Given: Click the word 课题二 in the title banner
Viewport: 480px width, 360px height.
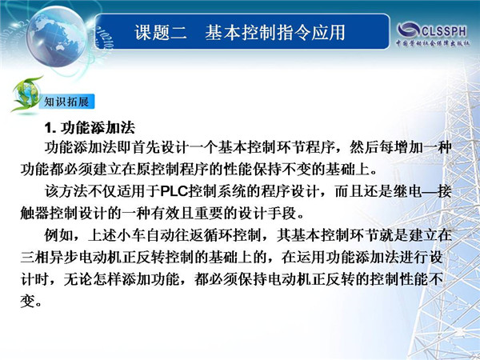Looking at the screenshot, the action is point(161,33).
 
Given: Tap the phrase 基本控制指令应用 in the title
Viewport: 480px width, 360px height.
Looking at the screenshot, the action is point(275,33).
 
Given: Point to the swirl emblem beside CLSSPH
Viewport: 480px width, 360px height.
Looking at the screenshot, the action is point(408,30).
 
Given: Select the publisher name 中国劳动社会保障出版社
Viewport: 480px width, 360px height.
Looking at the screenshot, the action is point(433,43).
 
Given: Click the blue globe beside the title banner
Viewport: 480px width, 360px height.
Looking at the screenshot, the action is point(56,37).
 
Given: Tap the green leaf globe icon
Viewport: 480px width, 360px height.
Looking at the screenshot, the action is point(26,94).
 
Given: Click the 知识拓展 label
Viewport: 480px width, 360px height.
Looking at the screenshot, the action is point(66,102).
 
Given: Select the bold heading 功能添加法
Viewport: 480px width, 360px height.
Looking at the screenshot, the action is point(98,128).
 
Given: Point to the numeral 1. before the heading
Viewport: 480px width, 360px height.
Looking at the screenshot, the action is point(50,128).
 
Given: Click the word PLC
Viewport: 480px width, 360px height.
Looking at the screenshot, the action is point(174,192).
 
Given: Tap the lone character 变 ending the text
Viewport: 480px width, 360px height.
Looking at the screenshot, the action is point(27,302).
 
